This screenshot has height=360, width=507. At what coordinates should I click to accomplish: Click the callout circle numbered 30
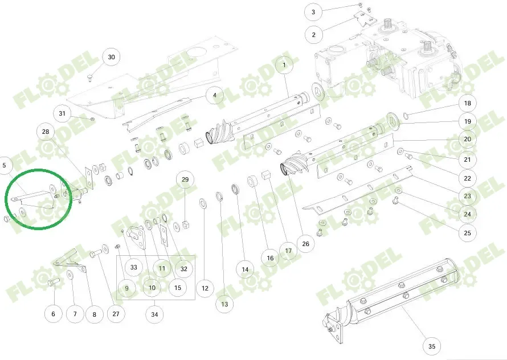tap(111, 57)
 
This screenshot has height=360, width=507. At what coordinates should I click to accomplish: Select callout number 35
tap(431, 346)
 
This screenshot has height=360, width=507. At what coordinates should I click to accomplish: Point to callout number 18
tap(467, 104)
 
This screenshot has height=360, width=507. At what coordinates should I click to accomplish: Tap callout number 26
tap(305, 244)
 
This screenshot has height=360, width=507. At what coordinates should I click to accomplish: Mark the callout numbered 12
tap(205, 288)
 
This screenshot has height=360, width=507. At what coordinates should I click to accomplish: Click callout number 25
tap(467, 232)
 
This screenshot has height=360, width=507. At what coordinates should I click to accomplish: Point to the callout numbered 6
tap(54, 314)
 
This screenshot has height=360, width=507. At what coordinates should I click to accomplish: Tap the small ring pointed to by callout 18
tap(406, 117)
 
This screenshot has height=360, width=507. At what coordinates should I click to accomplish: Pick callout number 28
tap(46, 132)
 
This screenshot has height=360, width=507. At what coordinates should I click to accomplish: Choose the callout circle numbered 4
tap(214, 95)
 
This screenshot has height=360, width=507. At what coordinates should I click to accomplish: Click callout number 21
tap(467, 160)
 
